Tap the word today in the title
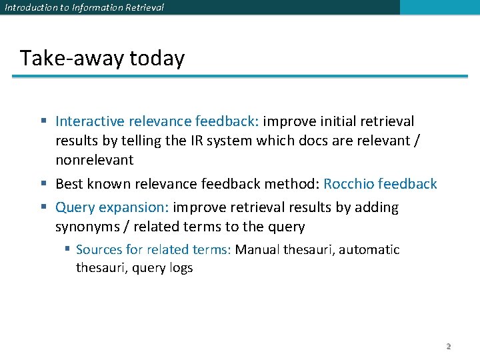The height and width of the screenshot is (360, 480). click(157, 59)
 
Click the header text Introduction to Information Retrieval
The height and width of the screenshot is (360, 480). click(84, 7)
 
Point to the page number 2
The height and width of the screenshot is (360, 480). click(448, 347)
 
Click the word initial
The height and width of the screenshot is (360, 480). click(337, 121)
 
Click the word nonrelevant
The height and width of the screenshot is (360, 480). click(94, 160)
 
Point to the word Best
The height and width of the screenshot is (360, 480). click(69, 184)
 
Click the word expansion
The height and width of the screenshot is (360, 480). click(136, 207)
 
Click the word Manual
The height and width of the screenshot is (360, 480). click(257, 250)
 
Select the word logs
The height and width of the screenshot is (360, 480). click(179, 268)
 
